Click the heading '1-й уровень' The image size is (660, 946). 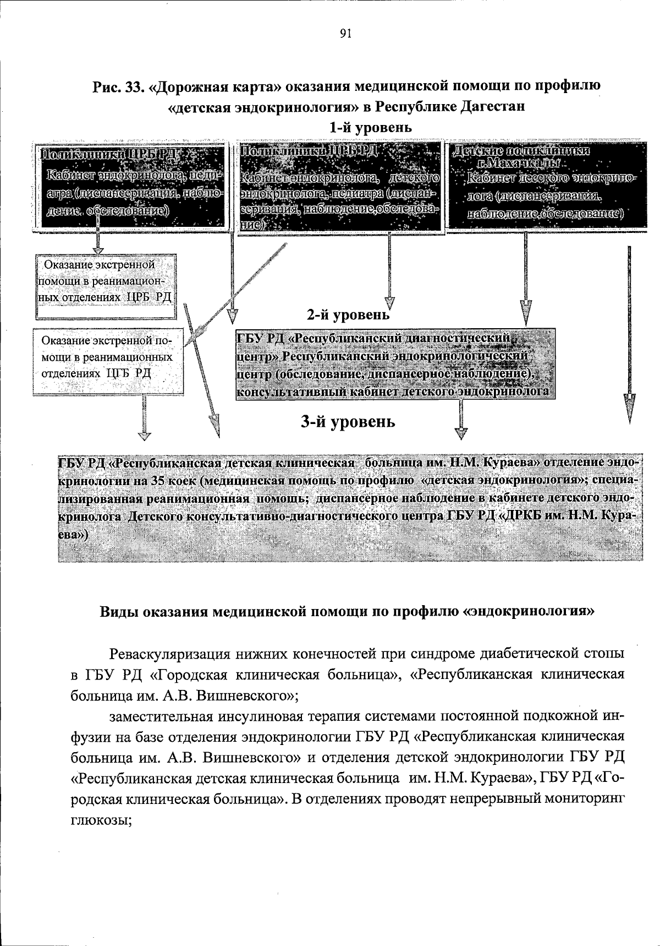tap(370, 128)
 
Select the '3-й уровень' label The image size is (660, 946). tap(348, 422)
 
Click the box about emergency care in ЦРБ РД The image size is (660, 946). tap(106, 286)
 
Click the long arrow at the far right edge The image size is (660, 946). tap(630, 336)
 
